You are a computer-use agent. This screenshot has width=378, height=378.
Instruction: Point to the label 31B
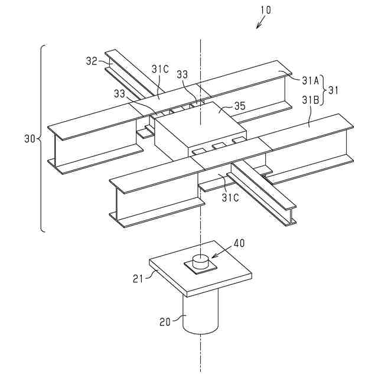tap(310, 100)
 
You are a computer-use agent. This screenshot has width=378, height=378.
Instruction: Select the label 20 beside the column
tap(167, 321)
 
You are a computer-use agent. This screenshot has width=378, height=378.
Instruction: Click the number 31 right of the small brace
tap(335, 90)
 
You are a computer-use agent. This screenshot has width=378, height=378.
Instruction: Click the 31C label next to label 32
tap(159, 70)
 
